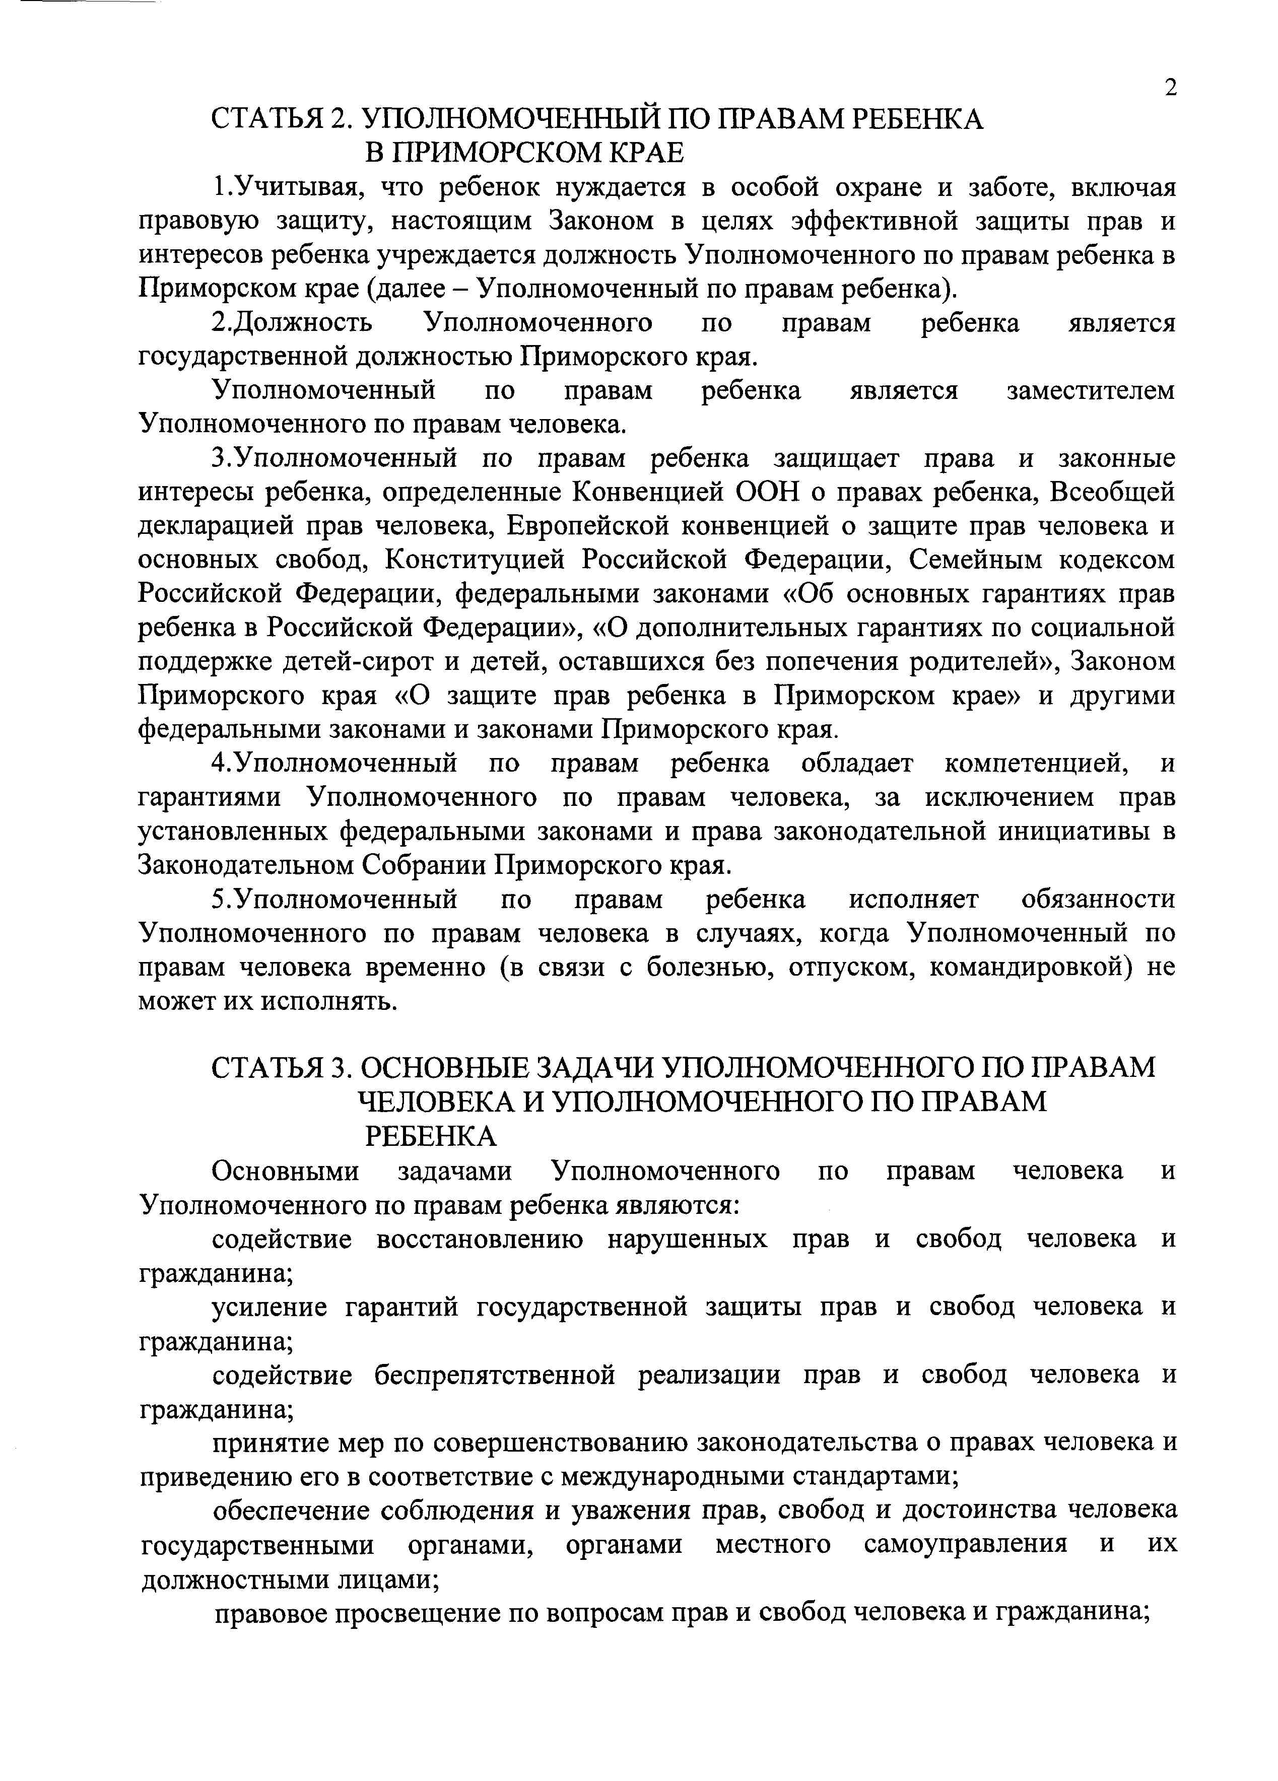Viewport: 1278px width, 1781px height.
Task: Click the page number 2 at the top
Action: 1170,88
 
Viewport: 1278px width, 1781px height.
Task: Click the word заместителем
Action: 1091,390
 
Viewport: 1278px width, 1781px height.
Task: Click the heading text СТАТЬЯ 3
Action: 278,1068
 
